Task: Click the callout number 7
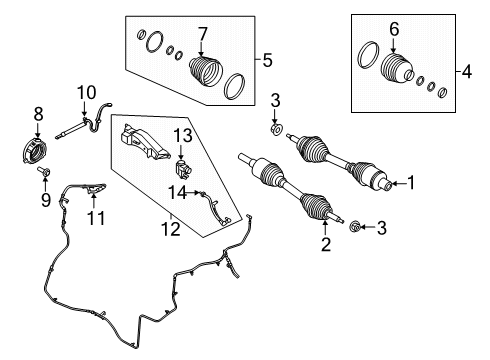(x=202, y=34)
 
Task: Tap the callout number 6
(x=394, y=29)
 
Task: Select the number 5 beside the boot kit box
(x=267, y=60)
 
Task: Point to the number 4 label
(x=467, y=72)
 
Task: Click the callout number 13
(x=183, y=136)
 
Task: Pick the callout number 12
(x=171, y=229)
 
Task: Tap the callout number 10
(x=86, y=93)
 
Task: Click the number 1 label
(x=411, y=183)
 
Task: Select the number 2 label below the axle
(x=326, y=244)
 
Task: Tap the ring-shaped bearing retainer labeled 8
(x=34, y=151)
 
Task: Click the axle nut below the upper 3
(x=276, y=129)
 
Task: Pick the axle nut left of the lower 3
(x=354, y=227)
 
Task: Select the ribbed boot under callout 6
(x=397, y=68)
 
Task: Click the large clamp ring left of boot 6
(x=368, y=55)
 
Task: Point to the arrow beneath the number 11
(x=94, y=200)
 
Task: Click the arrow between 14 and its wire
(x=193, y=193)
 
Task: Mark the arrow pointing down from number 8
(x=37, y=130)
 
